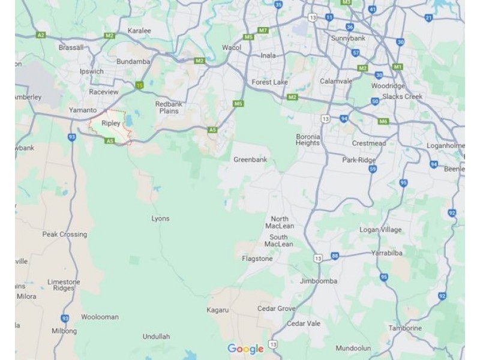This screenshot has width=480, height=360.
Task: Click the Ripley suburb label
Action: point(111,123)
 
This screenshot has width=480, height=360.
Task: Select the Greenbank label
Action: point(250,160)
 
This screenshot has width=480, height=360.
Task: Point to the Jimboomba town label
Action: point(318,281)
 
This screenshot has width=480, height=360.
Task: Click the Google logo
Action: point(245,349)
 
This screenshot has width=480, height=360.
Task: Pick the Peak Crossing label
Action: point(65,235)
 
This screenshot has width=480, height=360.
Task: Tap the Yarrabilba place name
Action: point(386,253)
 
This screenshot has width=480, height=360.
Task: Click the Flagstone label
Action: point(257,259)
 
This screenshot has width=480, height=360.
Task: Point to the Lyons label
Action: point(160,219)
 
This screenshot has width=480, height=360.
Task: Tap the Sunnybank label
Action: point(347,38)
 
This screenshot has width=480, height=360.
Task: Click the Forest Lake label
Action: point(270,82)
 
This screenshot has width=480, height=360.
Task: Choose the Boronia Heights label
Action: point(308,140)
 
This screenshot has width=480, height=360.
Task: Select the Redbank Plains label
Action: point(168,107)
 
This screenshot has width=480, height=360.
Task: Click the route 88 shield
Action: point(334,256)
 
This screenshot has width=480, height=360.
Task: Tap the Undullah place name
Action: point(157,337)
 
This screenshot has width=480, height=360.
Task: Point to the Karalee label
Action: point(139,31)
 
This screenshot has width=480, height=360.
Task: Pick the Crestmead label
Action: point(368,143)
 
